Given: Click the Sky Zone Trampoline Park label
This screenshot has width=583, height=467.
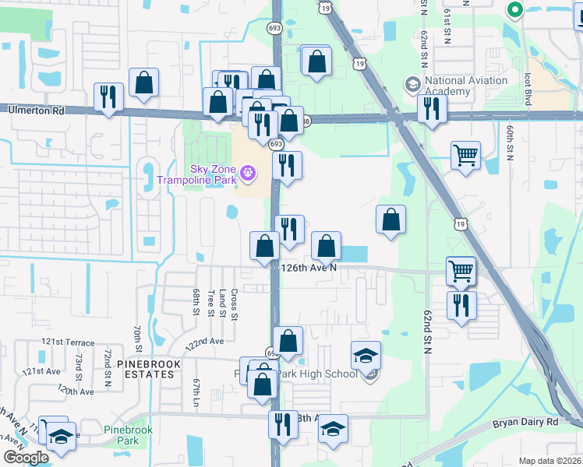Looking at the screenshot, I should [196, 174].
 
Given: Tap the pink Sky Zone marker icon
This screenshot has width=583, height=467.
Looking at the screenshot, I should [249, 171].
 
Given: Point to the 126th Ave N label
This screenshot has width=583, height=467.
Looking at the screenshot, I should [309, 267].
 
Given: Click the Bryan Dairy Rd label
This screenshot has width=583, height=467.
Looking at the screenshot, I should [526, 423].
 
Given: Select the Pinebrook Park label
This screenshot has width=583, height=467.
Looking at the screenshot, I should [128, 434].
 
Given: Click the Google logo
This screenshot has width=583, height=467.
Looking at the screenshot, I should [25, 457].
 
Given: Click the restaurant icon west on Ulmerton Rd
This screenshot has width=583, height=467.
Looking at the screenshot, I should [108, 97].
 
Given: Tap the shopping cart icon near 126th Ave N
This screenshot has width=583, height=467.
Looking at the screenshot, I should [461, 271].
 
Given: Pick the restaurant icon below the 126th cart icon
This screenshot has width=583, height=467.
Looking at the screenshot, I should [461, 304].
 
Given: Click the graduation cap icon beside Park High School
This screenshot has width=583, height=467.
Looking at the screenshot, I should [366, 356].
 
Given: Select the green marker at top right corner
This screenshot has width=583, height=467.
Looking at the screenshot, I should [514, 10].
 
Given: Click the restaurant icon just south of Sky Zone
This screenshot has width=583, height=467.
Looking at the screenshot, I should [287, 165].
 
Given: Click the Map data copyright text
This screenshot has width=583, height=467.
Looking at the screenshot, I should [550, 461].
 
